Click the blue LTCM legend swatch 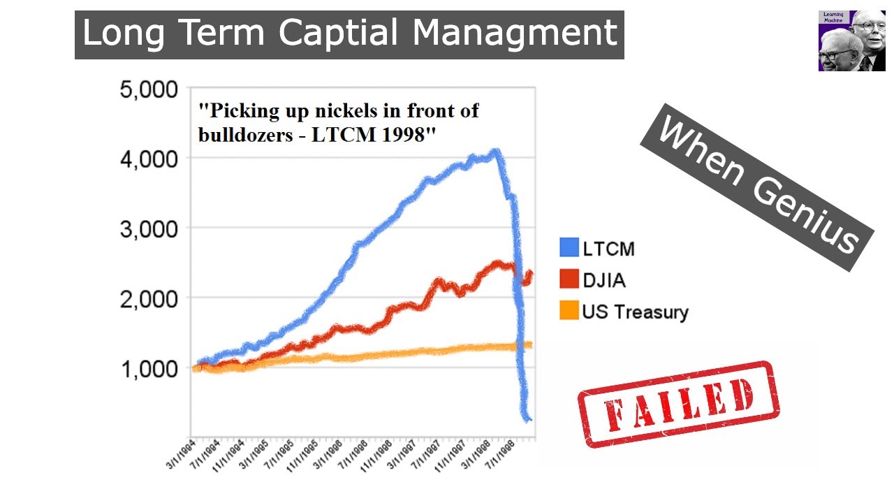(569, 248)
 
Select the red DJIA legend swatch (569, 279)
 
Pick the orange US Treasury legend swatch (569, 311)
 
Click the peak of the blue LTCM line (495, 152)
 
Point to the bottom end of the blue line (529, 419)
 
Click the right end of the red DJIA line (530, 273)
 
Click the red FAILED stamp (678, 404)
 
